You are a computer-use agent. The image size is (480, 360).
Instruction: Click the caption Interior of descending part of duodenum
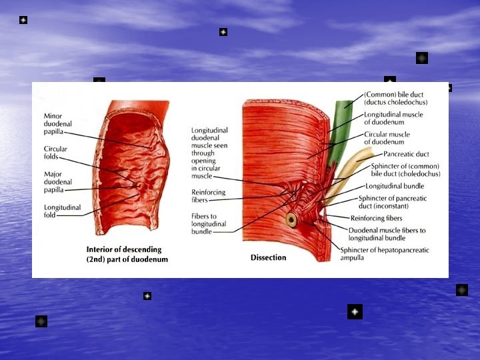[127, 254]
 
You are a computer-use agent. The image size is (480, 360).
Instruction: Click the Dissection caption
[268, 257]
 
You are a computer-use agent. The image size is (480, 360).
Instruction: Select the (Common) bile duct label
[395, 98]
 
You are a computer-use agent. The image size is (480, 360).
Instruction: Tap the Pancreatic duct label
[406, 154]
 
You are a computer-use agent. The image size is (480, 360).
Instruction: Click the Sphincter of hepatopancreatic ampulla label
[385, 253]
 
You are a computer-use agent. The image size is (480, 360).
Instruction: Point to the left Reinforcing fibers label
[209, 196]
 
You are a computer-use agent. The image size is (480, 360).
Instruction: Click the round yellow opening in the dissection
[291, 219]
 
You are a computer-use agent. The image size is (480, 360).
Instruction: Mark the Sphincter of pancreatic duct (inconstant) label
[393, 202]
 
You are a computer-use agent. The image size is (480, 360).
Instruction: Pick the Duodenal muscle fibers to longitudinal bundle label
[387, 234]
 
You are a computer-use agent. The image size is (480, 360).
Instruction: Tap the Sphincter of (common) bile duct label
[405, 169]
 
